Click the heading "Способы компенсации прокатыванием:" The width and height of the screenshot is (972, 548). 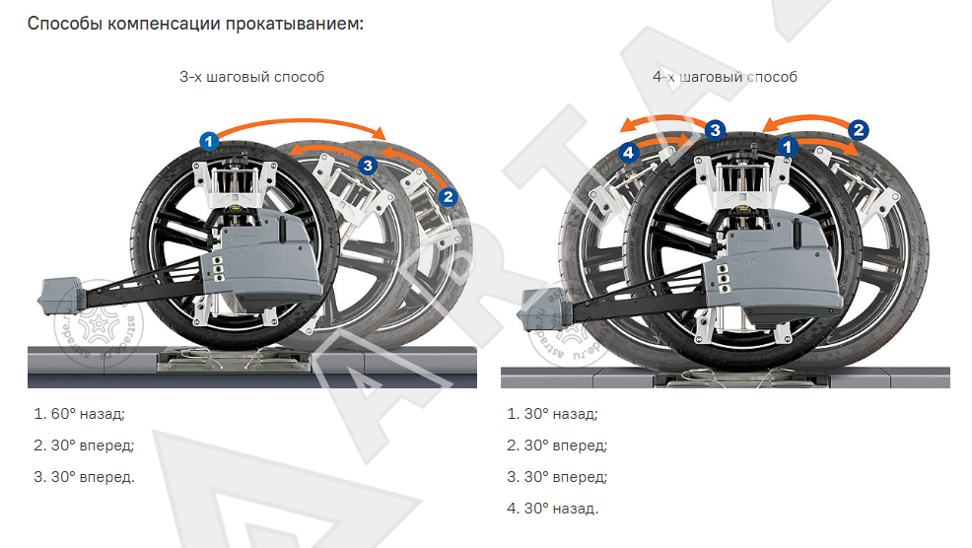coord(195,25)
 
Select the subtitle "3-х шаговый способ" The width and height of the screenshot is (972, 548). coord(251,77)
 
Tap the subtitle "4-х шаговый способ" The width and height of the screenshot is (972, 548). coord(725,77)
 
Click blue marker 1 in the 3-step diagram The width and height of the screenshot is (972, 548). coord(209,141)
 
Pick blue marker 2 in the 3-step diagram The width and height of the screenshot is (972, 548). coord(448,197)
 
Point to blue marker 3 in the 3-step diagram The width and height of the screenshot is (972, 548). coord(369,165)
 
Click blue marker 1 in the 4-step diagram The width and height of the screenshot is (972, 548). coord(788,147)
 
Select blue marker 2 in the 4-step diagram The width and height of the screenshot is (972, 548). coord(859,130)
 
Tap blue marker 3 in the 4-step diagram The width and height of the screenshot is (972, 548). coord(716,130)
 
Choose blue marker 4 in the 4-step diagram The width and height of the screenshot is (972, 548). coord(629,152)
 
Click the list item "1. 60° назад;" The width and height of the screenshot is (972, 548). coord(79,414)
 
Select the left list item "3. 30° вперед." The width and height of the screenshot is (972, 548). coord(85,477)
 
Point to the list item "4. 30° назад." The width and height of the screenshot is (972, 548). coord(552,509)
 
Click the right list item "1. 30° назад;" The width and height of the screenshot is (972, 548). coord(552,414)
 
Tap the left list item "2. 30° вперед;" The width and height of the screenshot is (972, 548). coord(85,445)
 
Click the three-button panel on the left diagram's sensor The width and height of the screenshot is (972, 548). coord(218,271)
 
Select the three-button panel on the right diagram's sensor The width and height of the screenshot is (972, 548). coord(723,280)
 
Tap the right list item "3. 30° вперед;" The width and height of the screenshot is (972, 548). coord(557,477)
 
